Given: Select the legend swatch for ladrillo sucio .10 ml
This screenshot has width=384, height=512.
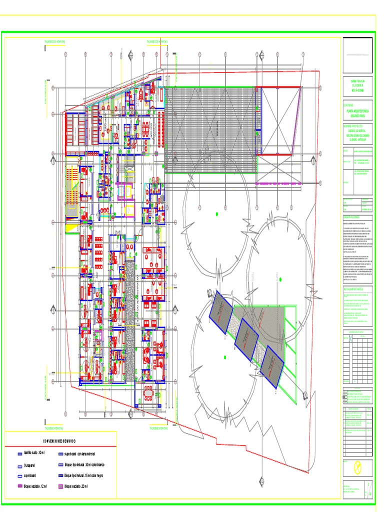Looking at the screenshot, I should coord(20,453).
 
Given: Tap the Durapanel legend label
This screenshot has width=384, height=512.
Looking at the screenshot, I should coord(31,465).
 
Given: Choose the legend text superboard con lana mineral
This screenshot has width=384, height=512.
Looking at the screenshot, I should coord(83,454).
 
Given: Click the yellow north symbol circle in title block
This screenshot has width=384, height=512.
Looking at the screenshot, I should coord(357,467).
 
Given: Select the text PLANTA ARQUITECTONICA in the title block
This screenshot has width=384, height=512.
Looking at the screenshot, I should coord(357,112).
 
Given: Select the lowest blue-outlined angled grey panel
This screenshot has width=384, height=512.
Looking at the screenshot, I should coord(272,366).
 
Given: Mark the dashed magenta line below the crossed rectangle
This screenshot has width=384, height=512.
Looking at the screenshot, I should coord(277,183).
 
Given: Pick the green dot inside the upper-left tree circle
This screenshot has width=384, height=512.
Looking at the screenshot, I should coord(217,214).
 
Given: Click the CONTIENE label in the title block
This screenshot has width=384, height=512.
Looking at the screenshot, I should coord(348,105).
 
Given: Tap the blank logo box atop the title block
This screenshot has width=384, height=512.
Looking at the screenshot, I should coord(357,54).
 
